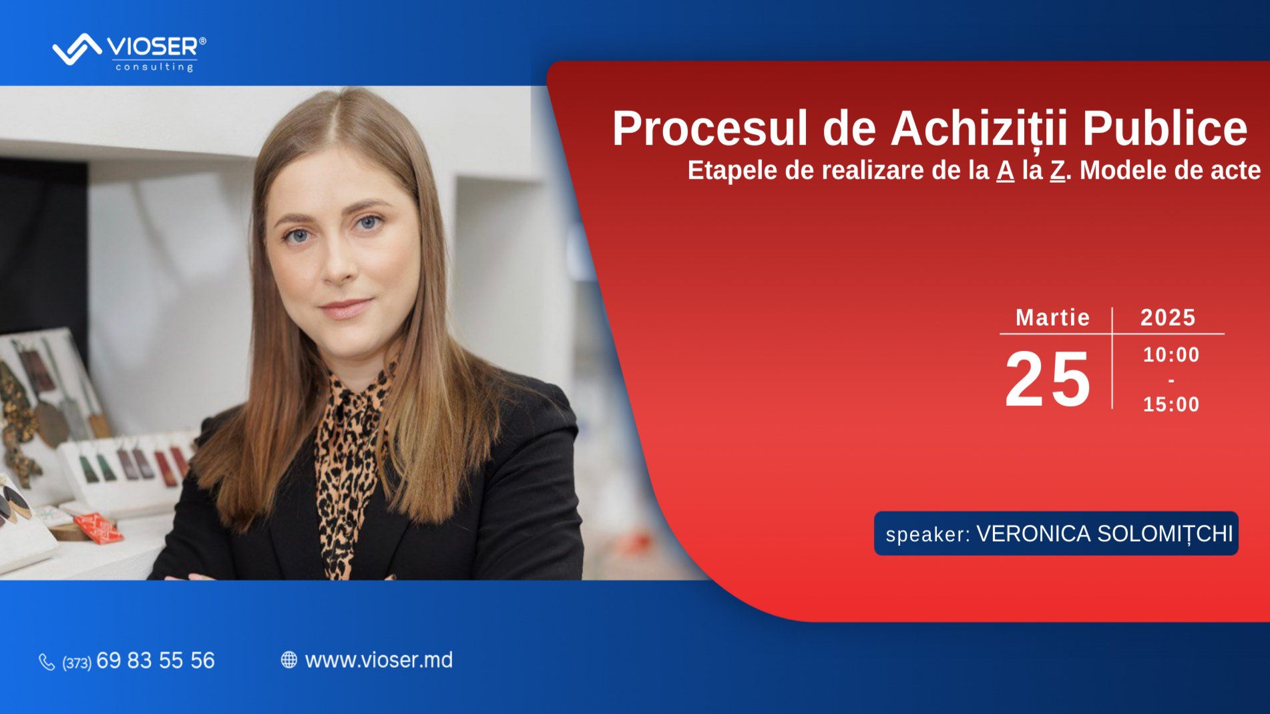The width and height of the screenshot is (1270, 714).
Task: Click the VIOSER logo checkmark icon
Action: point(76,49)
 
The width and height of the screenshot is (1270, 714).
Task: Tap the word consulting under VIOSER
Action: point(154,67)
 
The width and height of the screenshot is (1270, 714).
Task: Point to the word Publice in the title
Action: point(1165,128)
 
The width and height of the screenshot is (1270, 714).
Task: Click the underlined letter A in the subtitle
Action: point(1005,171)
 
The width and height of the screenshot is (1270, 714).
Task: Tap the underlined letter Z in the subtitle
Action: point(1057,171)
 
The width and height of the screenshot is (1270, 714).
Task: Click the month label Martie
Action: point(1052,318)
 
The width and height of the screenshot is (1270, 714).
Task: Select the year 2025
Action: point(1168,318)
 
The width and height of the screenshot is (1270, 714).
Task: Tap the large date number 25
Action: point(1048,380)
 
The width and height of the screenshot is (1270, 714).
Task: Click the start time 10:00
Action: point(1171,355)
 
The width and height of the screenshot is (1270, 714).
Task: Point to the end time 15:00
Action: point(1171,404)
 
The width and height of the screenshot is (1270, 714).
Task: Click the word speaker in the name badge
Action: point(927,534)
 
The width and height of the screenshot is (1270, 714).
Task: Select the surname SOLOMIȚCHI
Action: point(1165,534)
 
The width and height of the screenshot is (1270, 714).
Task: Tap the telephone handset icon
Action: point(47,662)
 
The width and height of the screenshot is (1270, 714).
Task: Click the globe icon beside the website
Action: point(288,660)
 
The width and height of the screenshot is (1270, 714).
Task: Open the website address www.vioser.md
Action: point(379,660)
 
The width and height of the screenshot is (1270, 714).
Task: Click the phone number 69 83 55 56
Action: point(156,661)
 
